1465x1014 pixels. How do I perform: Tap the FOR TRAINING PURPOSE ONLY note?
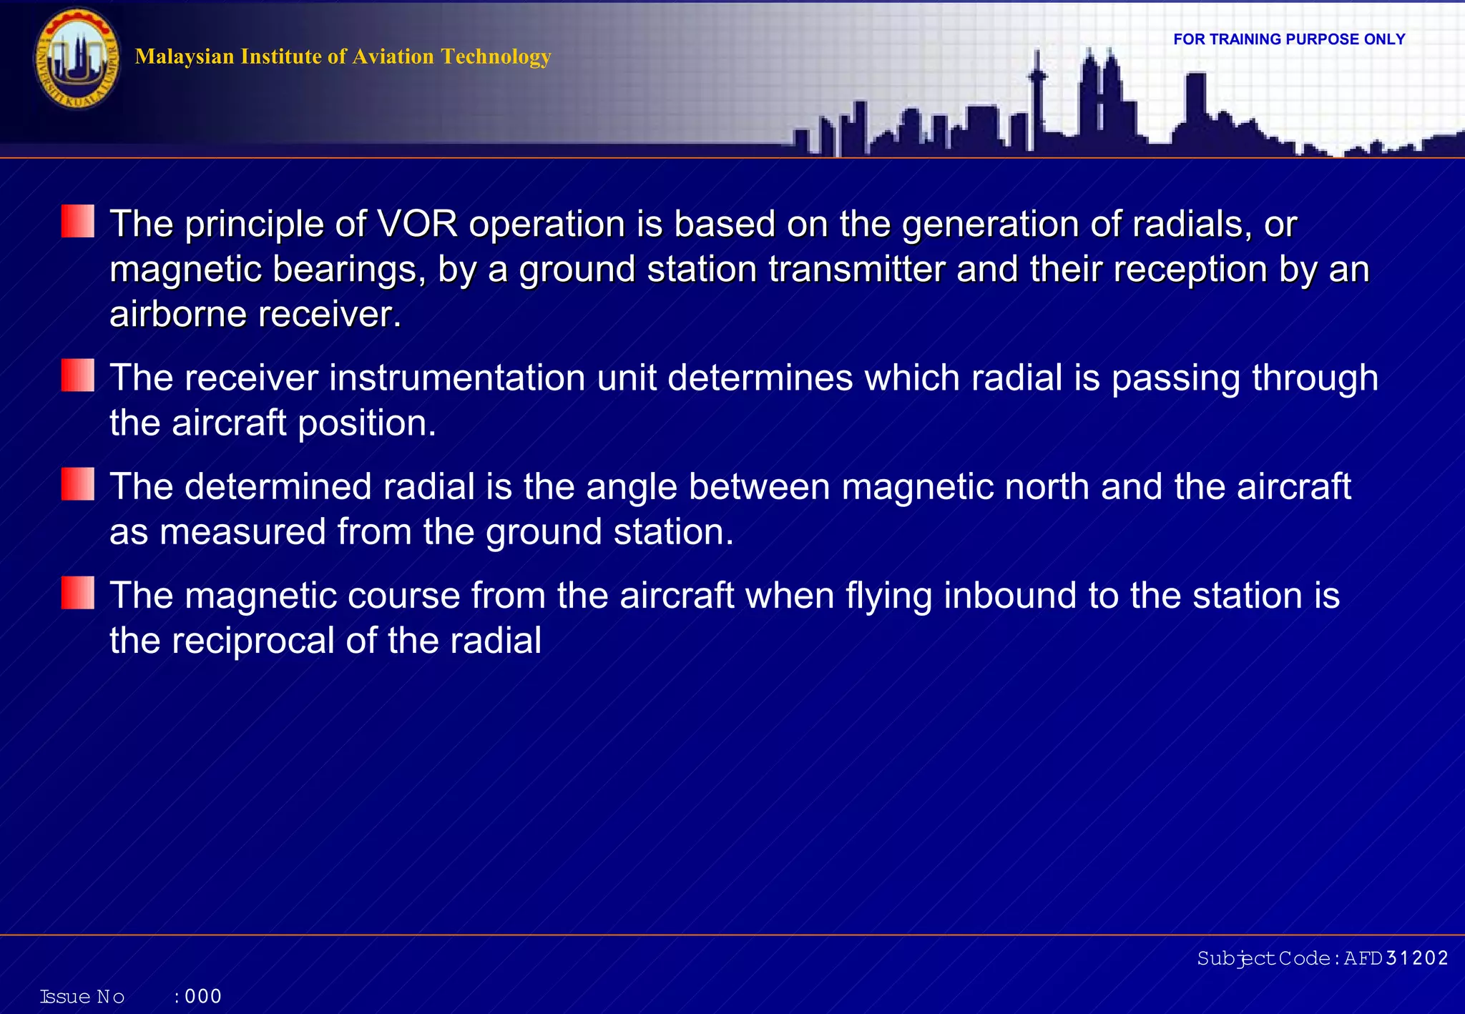point(1289,39)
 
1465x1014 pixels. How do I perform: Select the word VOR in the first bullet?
point(417,224)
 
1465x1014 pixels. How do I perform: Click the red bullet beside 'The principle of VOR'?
point(78,221)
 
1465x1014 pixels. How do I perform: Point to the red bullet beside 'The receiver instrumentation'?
point(78,375)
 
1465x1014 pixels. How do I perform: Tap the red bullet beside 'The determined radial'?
point(78,484)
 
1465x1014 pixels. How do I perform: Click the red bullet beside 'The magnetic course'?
point(78,593)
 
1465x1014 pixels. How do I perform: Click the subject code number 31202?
point(1416,958)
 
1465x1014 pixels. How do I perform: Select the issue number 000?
point(203,996)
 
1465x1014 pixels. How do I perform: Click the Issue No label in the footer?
point(82,997)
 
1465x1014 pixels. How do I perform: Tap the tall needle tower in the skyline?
point(1037,100)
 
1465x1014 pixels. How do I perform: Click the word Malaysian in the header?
point(184,56)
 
